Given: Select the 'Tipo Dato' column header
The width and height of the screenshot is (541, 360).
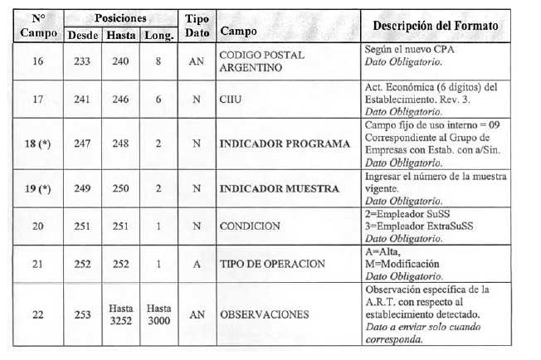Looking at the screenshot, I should tap(197, 26).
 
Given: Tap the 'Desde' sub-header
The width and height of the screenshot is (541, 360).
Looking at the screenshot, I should tap(81, 35).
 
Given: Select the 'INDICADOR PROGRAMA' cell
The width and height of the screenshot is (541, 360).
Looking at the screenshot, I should tap(285, 144).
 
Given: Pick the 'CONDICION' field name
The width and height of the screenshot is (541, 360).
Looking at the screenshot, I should tap(250, 226).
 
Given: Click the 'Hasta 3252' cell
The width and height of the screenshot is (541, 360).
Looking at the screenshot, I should tap(121, 314).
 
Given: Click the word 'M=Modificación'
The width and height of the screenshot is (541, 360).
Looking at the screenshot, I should tap(403, 264).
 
